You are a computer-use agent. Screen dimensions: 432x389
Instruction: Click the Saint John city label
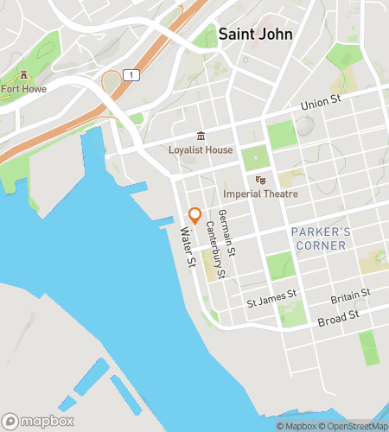click(x=255, y=35)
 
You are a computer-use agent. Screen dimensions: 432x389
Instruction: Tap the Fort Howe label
click(x=23, y=88)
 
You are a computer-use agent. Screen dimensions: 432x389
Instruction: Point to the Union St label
click(x=321, y=105)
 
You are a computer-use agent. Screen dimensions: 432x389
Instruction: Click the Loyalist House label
click(x=201, y=149)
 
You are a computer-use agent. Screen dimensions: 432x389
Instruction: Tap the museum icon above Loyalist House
click(x=201, y=136)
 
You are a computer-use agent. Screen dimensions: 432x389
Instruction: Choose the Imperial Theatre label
click(x=260, y=194)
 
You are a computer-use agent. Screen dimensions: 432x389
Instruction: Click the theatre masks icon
click(x=260, y=180)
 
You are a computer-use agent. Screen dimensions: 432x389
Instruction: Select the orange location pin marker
click(x=195, y=215)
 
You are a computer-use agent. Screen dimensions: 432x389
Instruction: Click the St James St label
click(x=271, y=302)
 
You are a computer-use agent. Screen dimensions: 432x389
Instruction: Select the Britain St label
click(x=351, y=297)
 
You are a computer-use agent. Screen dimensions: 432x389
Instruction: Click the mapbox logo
click(x=37, y=422)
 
